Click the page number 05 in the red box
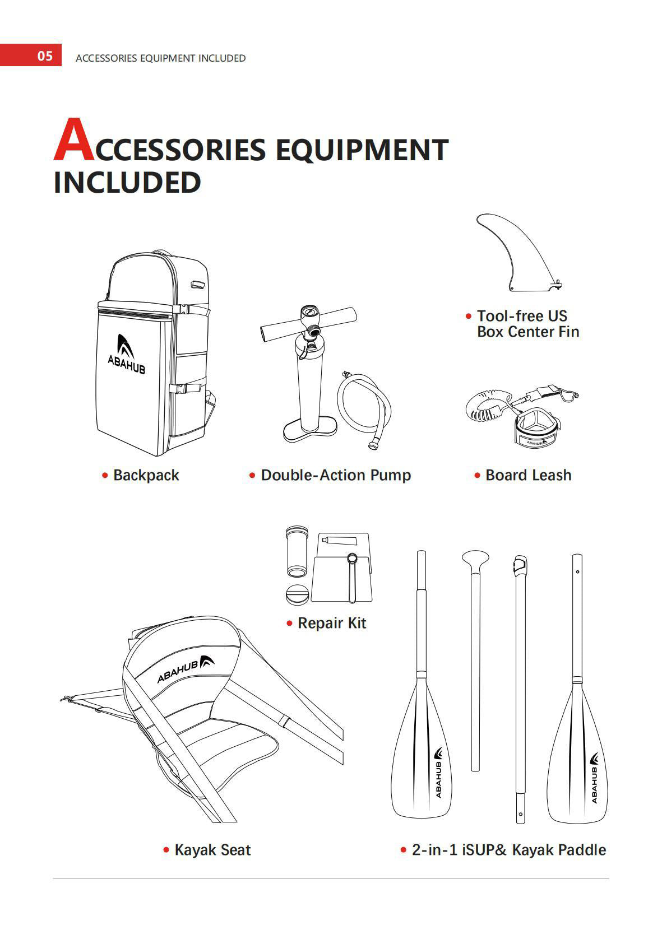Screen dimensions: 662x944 point(45,55)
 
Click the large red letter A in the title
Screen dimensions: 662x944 point(73,139)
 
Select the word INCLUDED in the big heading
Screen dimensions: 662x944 point(127,183)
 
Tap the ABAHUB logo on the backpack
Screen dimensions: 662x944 point(126,354)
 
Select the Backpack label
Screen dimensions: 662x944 point(146,475)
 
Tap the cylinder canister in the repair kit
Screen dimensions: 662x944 point(297,551)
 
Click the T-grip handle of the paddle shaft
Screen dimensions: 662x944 point(475,560)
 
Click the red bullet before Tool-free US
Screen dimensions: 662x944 point(469,316)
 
